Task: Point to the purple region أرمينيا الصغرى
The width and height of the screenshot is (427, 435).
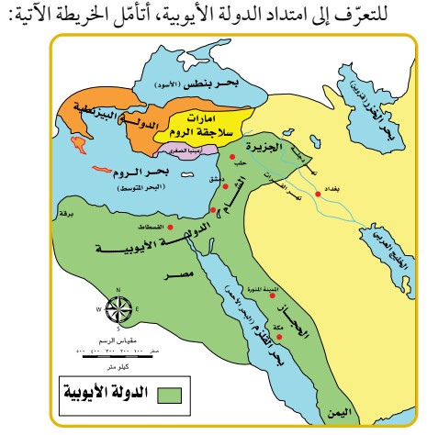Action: click(197, 153)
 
